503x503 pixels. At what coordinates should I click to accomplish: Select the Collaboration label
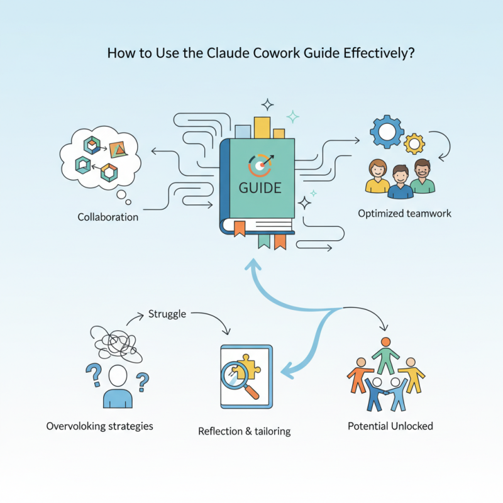click(x=108, y=217)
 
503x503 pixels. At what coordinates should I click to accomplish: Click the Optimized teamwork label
click(x=404, y=214)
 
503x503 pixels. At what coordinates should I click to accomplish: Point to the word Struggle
click(x=167, y=314)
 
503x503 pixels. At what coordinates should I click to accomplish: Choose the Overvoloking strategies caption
click(x=99, y=426)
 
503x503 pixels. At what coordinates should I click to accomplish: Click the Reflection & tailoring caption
click(x=244, y=431)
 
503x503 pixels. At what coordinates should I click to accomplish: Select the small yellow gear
click(x=414, y=144)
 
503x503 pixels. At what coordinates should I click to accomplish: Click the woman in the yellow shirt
click(x=377, y=177)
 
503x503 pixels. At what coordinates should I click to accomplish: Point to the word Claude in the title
click(x=229, y=53)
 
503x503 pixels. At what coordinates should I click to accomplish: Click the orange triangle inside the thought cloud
click(x=118, y=150)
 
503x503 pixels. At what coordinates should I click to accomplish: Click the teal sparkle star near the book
click(x=292, y=116)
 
